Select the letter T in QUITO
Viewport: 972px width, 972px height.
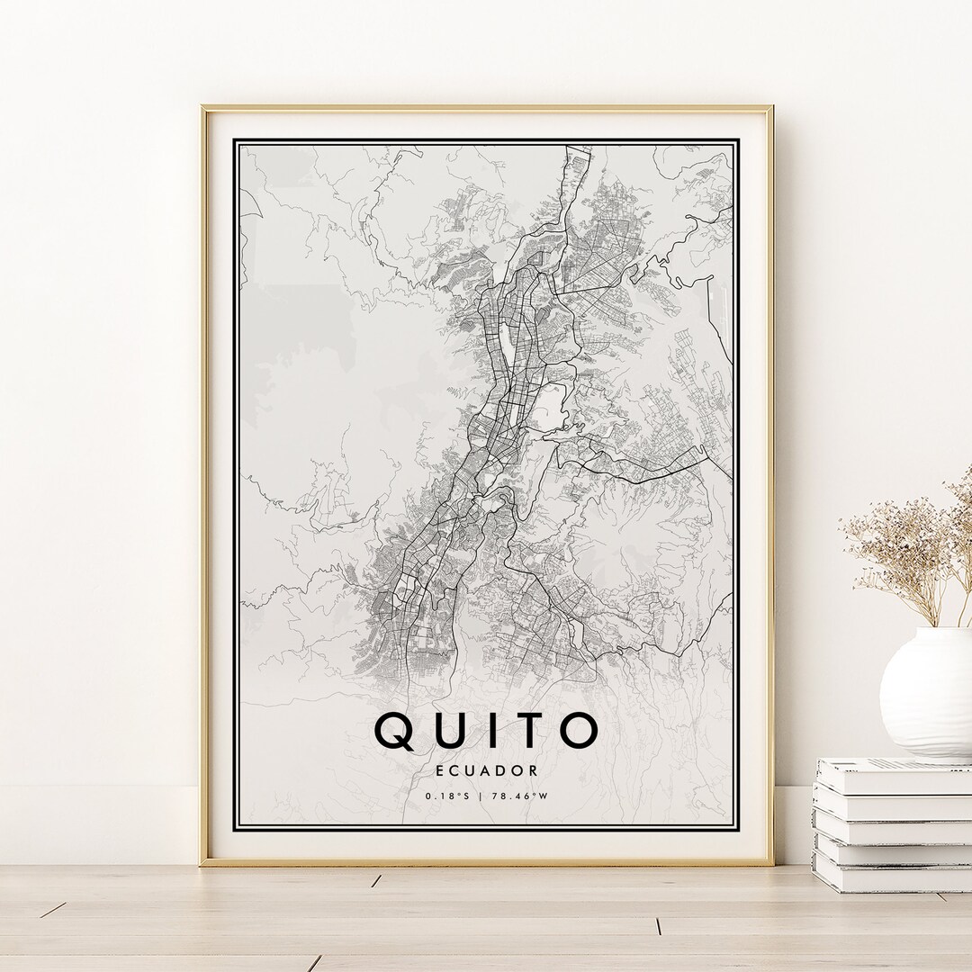(527, 731)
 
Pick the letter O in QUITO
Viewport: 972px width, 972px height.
(578, 731)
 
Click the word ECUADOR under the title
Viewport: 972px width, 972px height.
(486, 770)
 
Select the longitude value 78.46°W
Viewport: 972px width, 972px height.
(522, 796)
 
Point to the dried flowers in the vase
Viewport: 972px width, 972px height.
(909, 549)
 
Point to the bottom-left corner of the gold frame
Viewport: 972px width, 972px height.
(202, 863)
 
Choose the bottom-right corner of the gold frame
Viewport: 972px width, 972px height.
(771, 863)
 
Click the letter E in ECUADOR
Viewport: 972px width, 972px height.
(438, 770)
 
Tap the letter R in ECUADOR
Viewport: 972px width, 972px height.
(534, 770)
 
